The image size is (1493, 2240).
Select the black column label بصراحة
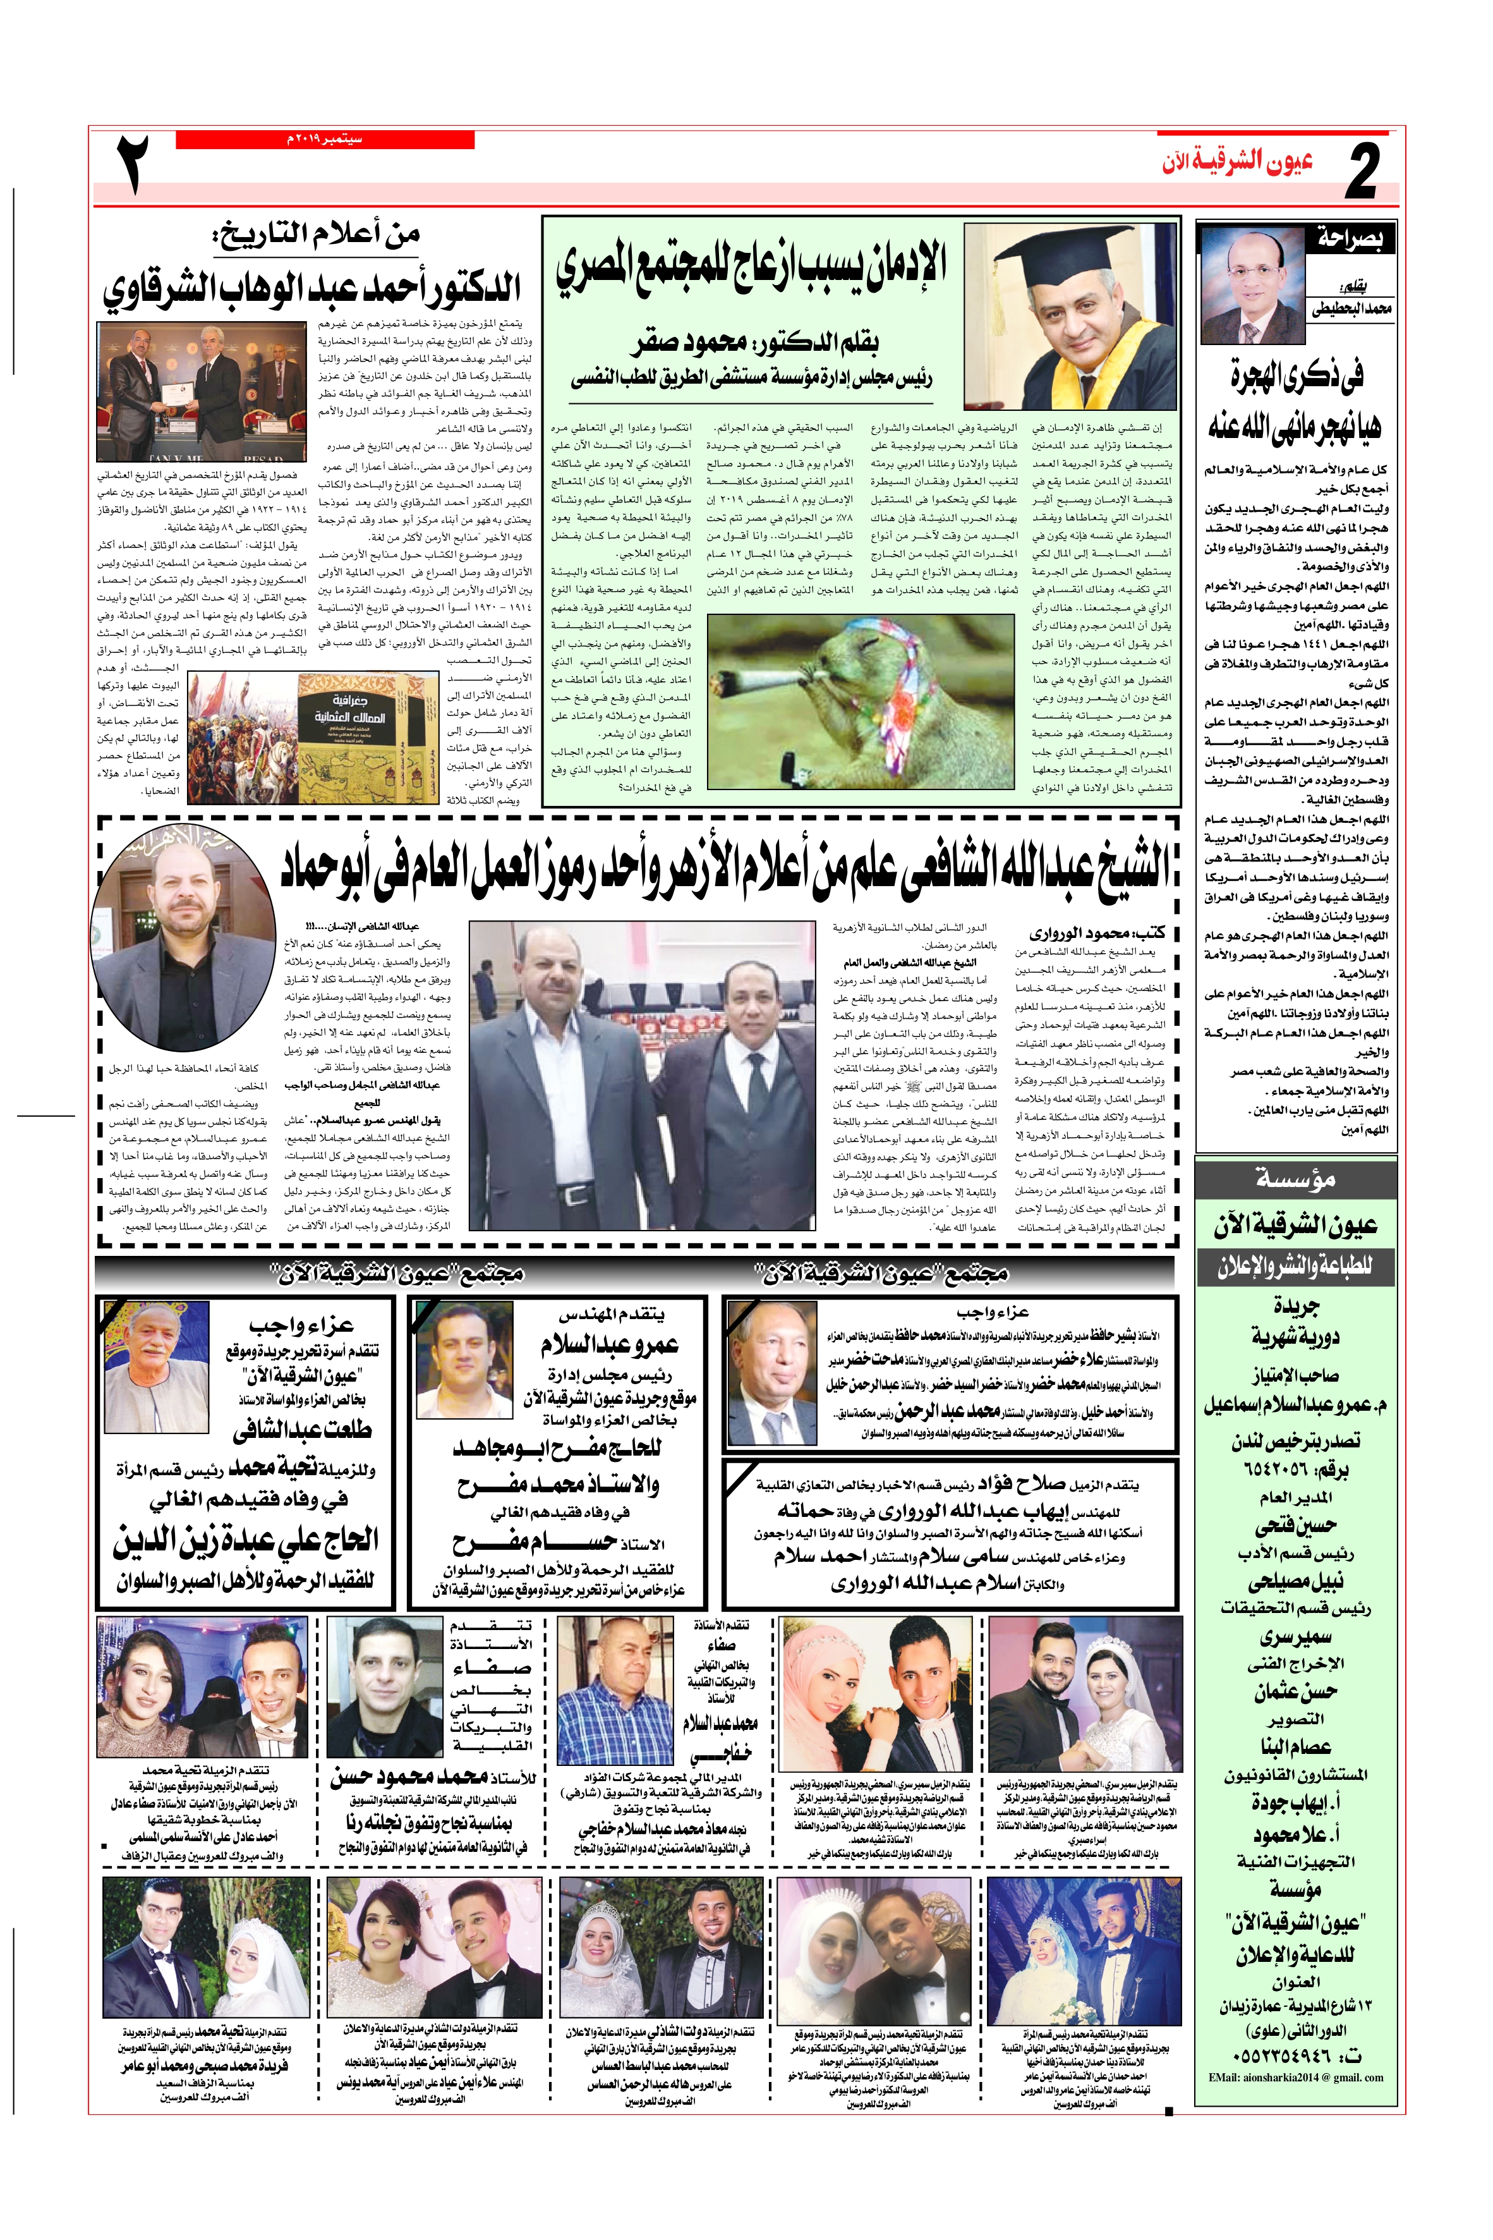point(1350,239)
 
